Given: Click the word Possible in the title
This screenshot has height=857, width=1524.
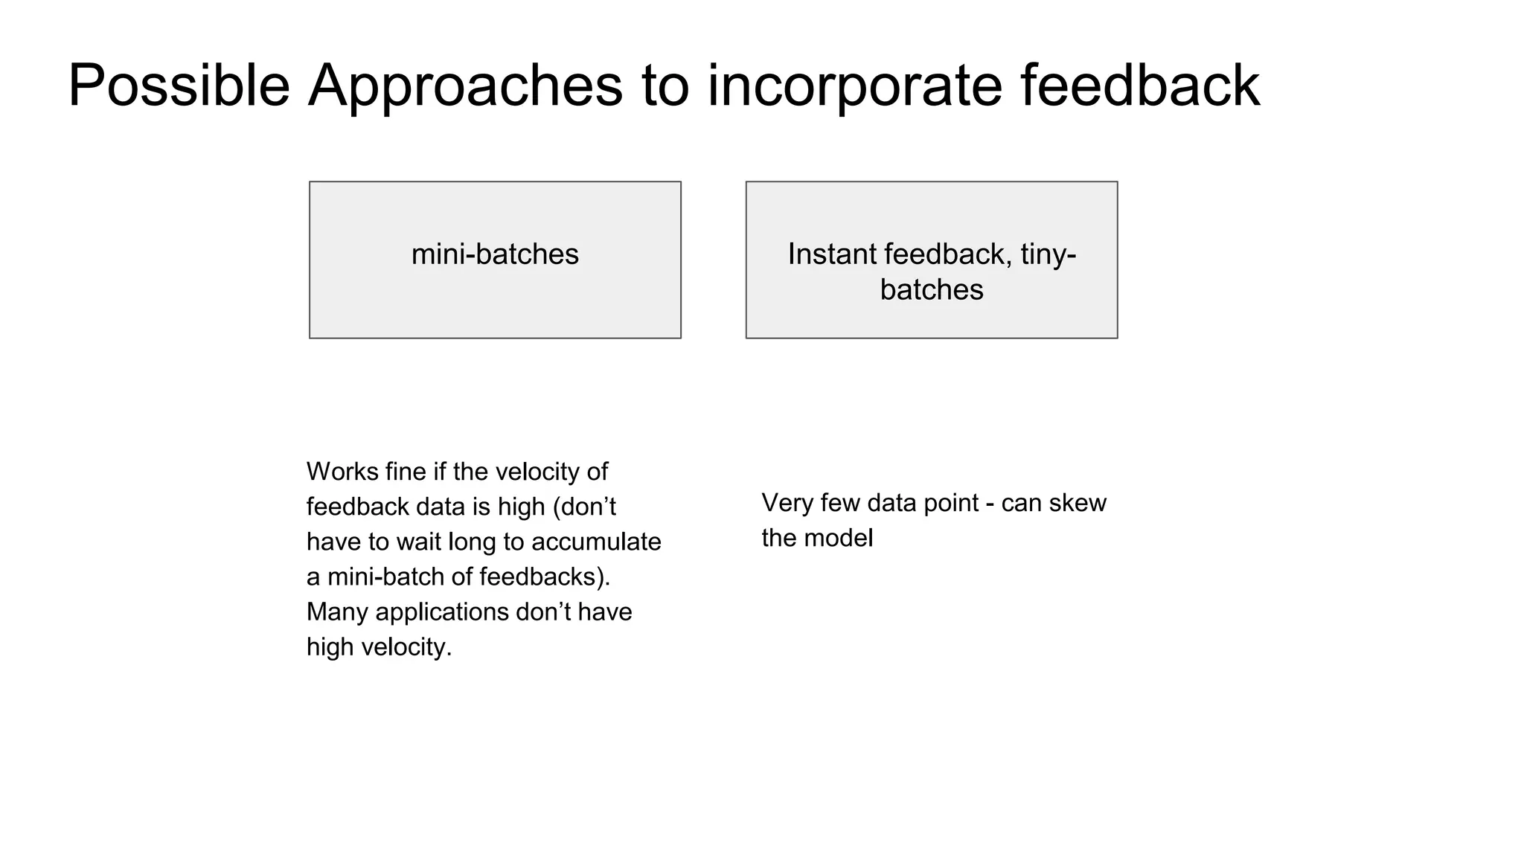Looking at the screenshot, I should (179, 86).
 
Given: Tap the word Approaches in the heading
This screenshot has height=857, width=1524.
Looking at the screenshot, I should (465, 86).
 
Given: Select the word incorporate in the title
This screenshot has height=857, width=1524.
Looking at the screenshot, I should (854, 86).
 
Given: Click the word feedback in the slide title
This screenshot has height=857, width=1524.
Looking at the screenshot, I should (1139, 86).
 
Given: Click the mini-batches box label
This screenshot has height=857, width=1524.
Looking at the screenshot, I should (495, 254).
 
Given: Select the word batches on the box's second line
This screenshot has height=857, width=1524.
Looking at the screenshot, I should (931, 289).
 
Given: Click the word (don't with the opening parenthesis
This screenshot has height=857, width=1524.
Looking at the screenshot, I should (584, 507).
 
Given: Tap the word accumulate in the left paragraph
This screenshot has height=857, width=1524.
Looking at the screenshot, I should (596, 542).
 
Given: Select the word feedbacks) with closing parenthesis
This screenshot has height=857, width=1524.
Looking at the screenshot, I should (545, 577).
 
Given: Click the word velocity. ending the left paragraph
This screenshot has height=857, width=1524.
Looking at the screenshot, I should (406, 646).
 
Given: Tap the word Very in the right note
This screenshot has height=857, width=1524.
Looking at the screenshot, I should (787, 503).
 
